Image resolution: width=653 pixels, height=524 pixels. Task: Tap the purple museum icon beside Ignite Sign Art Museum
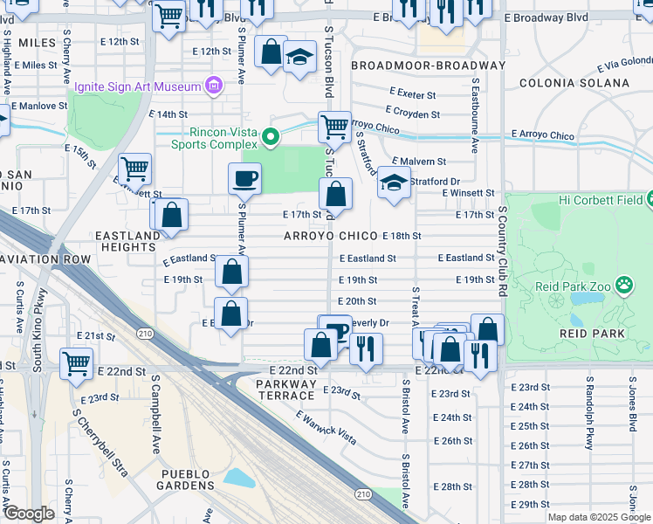(212, 86)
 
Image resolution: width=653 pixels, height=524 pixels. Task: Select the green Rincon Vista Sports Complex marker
(271, 135)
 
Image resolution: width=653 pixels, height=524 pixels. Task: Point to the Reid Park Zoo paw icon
(624, 285)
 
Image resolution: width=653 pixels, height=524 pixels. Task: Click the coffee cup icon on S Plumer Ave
(245, 178)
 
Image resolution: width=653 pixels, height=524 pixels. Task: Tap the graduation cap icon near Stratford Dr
(394, 184)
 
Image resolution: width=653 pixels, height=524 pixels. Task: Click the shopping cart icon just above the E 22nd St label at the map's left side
(76, 361)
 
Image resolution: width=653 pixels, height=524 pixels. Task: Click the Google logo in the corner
(28, 514)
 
